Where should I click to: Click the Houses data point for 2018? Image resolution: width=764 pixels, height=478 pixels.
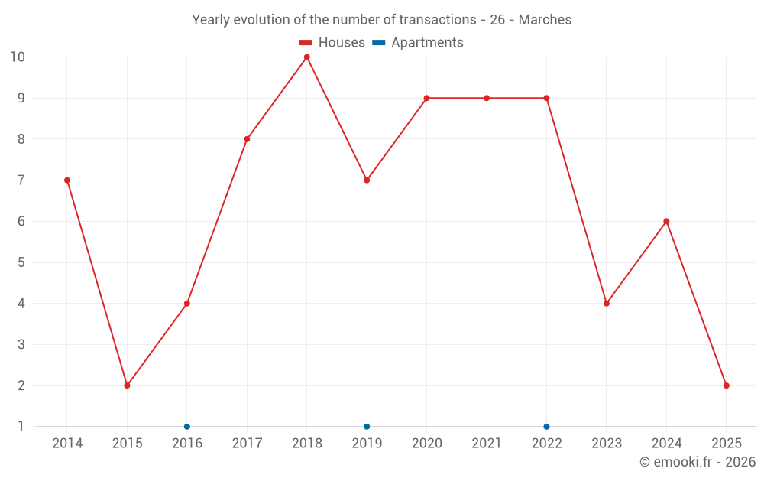coord(307,57)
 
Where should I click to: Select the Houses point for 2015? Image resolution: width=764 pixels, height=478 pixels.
coord(127,385)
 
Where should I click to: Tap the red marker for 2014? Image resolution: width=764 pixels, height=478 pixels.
coord(67,180)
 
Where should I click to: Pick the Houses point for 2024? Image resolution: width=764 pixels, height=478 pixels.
coord(666,222)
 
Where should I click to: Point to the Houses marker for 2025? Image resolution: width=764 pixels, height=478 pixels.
coord(727,385)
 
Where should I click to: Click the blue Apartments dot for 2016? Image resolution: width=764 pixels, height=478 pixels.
coord(187,427)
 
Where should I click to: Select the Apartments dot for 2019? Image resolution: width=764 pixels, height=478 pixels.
coord(367,427)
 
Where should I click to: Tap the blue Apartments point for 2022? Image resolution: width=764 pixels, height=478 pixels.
coord(546,427)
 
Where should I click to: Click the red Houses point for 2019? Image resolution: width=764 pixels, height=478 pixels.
coord(367,180)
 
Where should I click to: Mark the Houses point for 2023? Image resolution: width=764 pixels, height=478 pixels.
coord(607,304)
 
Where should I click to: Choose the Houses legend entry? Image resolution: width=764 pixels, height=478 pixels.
coord(332,43)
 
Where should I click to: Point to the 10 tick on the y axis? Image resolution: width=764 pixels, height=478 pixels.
coord(18,57)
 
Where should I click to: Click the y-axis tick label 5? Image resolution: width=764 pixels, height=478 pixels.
coord(21,262)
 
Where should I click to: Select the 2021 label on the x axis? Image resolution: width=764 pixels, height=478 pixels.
coord(487,444)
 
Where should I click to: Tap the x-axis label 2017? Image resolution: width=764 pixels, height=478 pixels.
coord(247,444)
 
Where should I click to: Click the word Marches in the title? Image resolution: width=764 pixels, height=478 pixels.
coord(545,20)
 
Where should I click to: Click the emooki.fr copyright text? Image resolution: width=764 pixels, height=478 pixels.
coord(698,462)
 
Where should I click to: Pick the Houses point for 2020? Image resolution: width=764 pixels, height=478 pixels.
coord(426,98)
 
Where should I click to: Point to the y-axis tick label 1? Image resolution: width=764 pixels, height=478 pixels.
coord(21,427)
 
